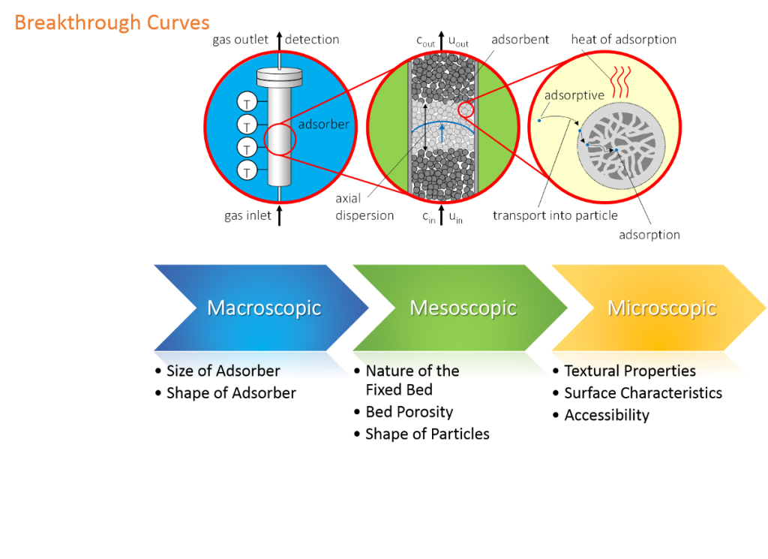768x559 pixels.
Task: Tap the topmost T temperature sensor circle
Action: click(x=247, y=101)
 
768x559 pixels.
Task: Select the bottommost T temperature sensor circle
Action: click(x=247, y=171)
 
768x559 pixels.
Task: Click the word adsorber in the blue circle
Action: click(x=324, y=124)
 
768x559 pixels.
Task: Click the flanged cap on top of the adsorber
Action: click(x=278, y=77)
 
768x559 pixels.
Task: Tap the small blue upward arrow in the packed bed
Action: click(x=442, y=134)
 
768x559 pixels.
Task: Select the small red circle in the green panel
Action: click(x=466, y=110)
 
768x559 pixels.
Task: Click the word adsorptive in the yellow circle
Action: click(x=574, y=95)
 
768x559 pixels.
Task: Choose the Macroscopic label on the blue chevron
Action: click(x=264, y=308)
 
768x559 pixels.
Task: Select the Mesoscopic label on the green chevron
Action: click(x=463, y=308)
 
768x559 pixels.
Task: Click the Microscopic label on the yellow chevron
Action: click(x=661, y=308)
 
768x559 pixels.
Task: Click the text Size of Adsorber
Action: click(x=223, y=371)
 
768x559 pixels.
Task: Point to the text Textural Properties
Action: click(x=630, y=371)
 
